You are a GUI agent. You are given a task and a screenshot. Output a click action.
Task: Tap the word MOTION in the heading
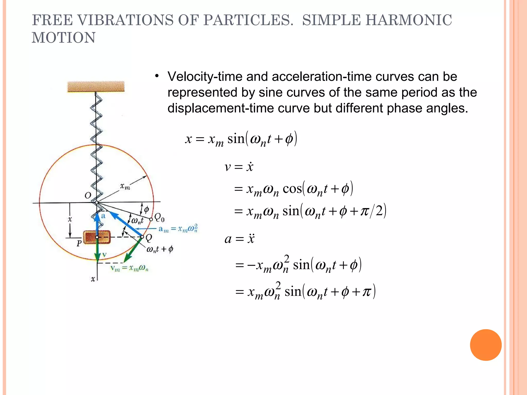tap(64, 38)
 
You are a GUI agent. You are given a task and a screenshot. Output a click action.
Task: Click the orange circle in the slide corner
tap(486, 345)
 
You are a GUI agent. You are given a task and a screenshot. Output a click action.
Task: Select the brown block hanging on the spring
tap(97, 237)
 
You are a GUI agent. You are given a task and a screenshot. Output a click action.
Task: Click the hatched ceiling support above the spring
tap(96, 87)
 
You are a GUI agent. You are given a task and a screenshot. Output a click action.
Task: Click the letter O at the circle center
tap(88, 195)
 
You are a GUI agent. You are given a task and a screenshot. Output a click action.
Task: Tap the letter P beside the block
tap(79, 243)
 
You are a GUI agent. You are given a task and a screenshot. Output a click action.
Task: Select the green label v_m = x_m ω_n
tap(129, 268)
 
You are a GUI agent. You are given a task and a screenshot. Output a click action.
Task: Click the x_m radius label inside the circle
tap(125, 186)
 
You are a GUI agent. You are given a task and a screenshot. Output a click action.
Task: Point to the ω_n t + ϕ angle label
tap(160, 249)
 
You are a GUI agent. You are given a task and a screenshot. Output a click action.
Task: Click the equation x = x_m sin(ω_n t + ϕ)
tap(241, 139)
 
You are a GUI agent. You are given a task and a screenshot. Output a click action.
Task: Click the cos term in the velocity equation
tap(292, 189)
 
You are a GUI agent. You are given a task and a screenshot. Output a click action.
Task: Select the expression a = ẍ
tap(239, 239)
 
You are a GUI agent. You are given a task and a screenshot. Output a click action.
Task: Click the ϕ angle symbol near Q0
tap(146, 209)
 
